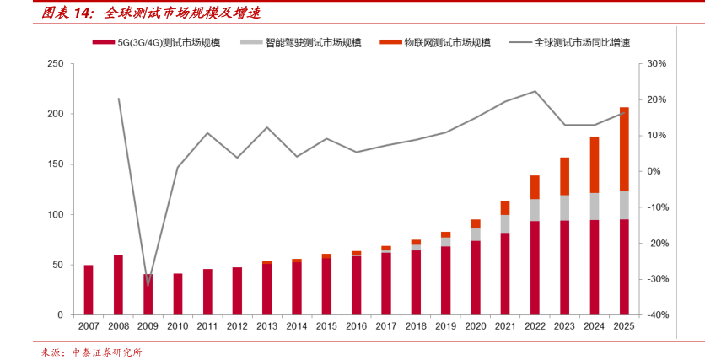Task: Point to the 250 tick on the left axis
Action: click(x=55, y=64)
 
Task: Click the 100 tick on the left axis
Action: click(x=55, y=214)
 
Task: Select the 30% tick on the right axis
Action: click(x=658, y=64)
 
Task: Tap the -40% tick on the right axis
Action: click(x=657, y=314)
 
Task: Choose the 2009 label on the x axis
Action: click(x=148, y=325)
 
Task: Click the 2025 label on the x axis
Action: click(x=624, y=325)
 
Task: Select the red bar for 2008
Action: click(x=118, y=284)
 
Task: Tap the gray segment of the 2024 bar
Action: click(x=595, y=207)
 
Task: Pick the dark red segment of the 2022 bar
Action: click(x=535, y=267)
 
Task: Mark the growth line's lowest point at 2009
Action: click(x=148, y=285)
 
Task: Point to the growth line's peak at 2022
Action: click(x=535, y=91)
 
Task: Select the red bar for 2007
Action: click(x=89, y=289)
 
